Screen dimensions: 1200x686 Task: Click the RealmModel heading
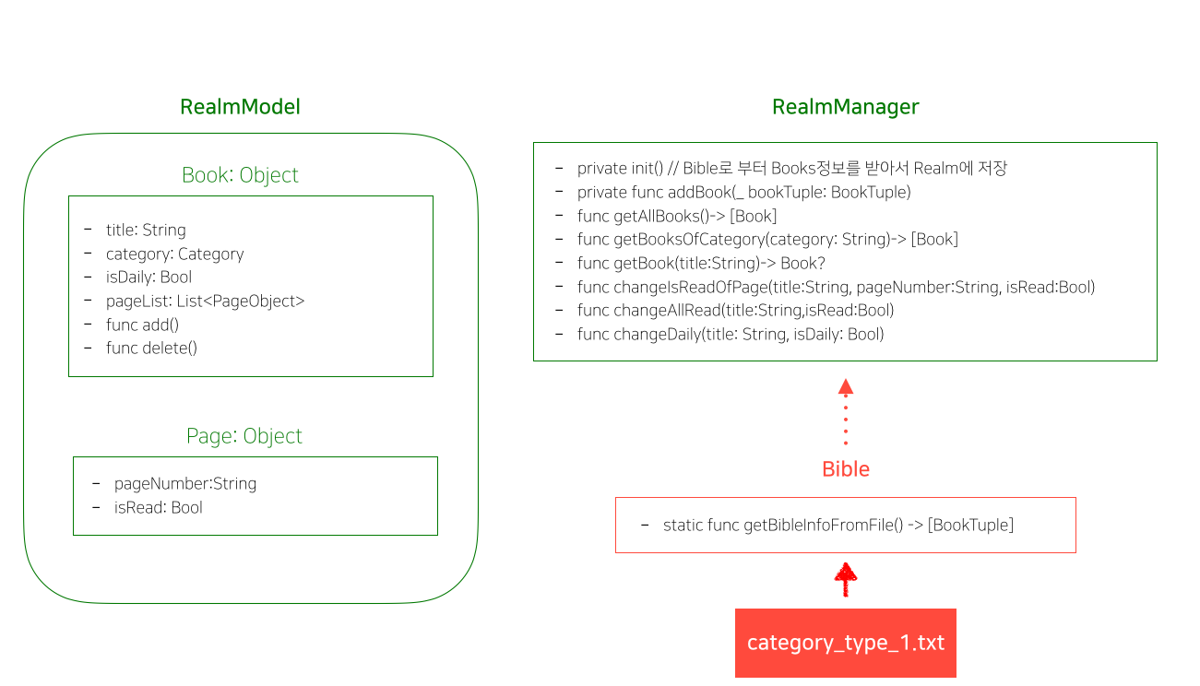pos(240,107)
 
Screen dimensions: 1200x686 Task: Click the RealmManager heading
pos(846,107)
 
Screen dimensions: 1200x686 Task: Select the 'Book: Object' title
pos(240,175)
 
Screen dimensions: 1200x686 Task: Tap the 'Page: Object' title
pos(244,436)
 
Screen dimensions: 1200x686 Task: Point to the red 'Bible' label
pos(846,469)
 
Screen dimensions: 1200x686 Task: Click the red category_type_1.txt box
pos(846,644)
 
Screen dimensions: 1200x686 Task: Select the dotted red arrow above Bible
pos(846,412)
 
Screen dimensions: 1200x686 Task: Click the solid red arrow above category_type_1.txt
pos(846,579)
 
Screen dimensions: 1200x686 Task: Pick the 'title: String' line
pos(146,231)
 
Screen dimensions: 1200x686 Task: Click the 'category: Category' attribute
pos(174,254)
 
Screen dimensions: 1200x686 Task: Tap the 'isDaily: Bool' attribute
pos(149,278)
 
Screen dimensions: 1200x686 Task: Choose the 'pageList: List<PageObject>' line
pos(205,301)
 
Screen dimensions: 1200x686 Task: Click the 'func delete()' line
pos(151,349)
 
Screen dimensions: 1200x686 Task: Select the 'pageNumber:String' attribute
pos(185,483)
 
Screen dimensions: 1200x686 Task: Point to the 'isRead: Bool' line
pos(158,508)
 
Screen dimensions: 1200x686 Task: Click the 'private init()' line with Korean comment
pos(792,169)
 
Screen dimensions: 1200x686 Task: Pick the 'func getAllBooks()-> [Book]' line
pos(677,216)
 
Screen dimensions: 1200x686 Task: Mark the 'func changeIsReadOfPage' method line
pos(836,288)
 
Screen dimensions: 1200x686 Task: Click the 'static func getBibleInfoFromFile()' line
pos(838,526)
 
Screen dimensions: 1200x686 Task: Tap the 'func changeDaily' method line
pos(731,335)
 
